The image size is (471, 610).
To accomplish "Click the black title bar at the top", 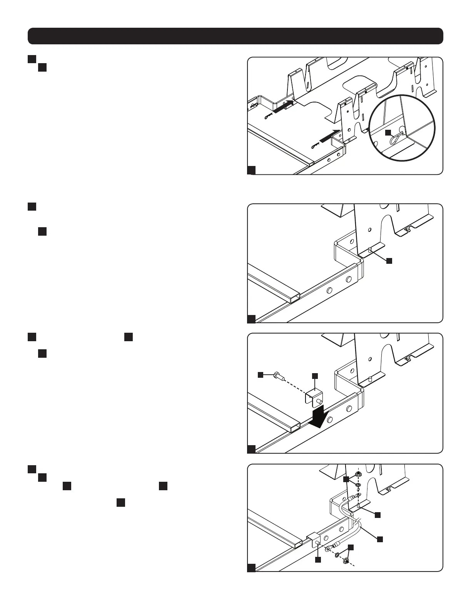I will click(235, 36).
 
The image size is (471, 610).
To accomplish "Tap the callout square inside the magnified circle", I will click(389, 132).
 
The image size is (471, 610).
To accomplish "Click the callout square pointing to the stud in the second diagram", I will click(389, 261).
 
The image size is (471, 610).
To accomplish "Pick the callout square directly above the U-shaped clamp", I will click(315, 375).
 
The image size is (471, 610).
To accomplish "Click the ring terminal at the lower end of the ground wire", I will click(328, 548).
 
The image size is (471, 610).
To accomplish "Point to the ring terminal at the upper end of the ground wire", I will click(359, 494).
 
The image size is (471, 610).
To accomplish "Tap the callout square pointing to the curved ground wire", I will click(380, 539).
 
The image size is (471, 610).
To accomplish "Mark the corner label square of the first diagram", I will click(251, 170).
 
